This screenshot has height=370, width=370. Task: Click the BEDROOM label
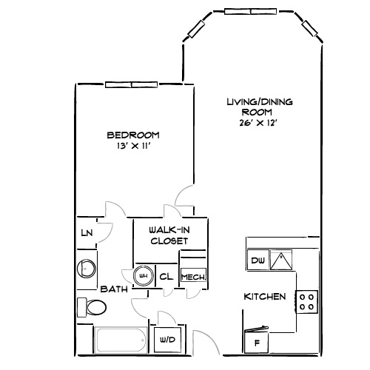coord(133,135)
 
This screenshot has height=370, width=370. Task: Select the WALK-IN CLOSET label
coord(169,235)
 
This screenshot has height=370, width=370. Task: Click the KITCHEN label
coord(264,297)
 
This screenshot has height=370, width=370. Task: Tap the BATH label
coord(115,289)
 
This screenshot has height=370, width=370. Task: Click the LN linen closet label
coord(87,233)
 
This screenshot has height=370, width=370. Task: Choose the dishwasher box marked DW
coord(257,260)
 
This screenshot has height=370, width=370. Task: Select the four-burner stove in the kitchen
coord(307,301)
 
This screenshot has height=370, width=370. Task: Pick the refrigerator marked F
coord(257,343)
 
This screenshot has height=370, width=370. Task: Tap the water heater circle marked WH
coord(143,276)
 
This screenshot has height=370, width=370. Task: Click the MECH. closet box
coord(192,276)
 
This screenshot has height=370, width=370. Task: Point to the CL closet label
coord(166,276)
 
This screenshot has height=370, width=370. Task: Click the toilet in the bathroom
coord(93,306)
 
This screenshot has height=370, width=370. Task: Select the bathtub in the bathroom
coord(121,340)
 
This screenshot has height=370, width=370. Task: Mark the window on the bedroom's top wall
coord(131,84)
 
